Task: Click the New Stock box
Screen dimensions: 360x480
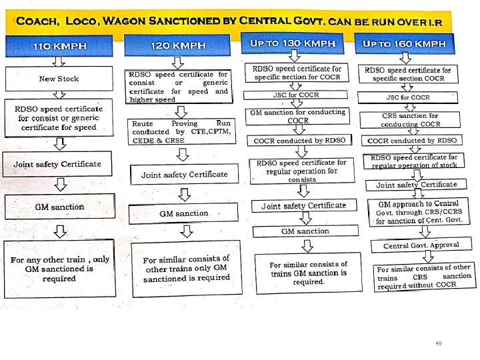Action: point(59,79)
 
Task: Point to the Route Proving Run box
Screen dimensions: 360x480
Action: point(181,132)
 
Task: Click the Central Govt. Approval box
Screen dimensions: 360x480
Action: point(421,245)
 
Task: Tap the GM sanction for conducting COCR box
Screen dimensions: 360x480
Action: point(297,117)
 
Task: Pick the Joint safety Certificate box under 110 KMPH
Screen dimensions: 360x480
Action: point(58,164)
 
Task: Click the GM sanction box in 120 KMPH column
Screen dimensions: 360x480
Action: point(183,213)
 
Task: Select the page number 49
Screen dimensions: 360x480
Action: point(438,343)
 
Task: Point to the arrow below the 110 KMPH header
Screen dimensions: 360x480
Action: point(59,61)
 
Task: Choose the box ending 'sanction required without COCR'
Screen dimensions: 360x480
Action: point(424,277)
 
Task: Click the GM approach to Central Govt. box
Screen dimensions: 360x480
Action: point(419,213)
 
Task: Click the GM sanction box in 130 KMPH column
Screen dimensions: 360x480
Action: point(305,231)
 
